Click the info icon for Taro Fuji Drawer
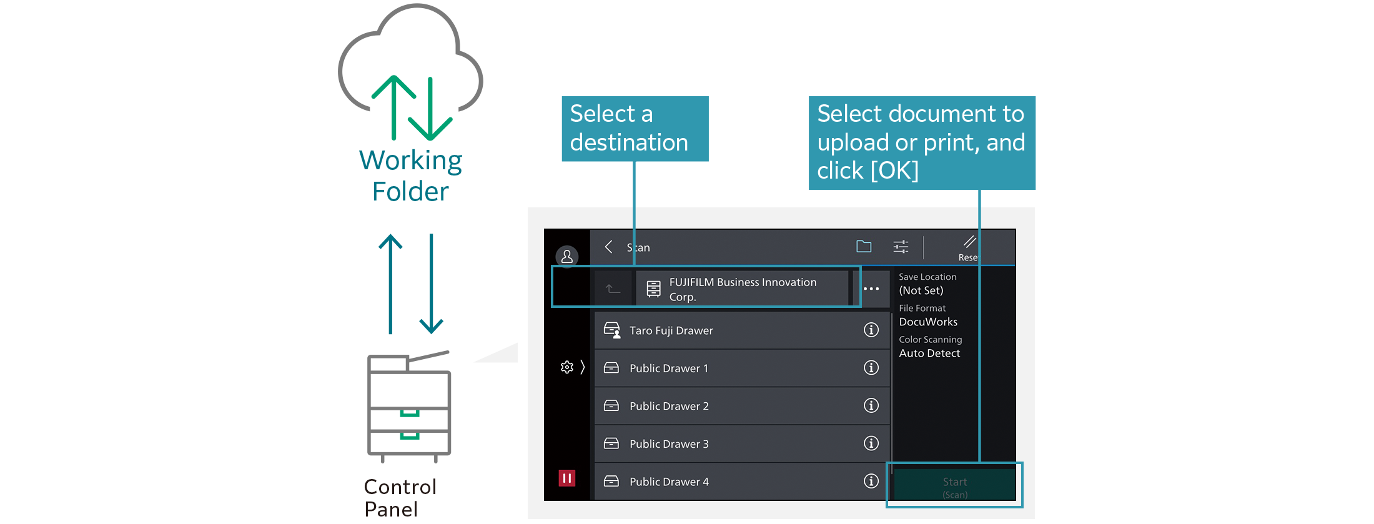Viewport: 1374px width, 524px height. [x=871, y=330]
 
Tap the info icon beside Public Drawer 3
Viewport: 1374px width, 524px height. [x=871, y=443]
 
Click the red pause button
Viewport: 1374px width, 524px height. [x=566, y=478]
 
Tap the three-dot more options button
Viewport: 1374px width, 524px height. [x=871, y=289]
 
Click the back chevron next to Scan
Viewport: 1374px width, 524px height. [x=608, y=247]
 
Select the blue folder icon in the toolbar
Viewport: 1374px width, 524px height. [x=864, y=247]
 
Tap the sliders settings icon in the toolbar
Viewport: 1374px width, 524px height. [x=901, y=247]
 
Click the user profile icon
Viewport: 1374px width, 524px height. [x=567, y=256]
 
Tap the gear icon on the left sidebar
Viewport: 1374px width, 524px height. [x=567, y=367]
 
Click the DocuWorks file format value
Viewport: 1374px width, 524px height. [x=928, y=322]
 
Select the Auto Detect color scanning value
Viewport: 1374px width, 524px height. [x=929, y=353]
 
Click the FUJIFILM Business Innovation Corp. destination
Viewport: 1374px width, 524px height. [x=742, y=289]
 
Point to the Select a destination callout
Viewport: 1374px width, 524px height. [x=635, y=129]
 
